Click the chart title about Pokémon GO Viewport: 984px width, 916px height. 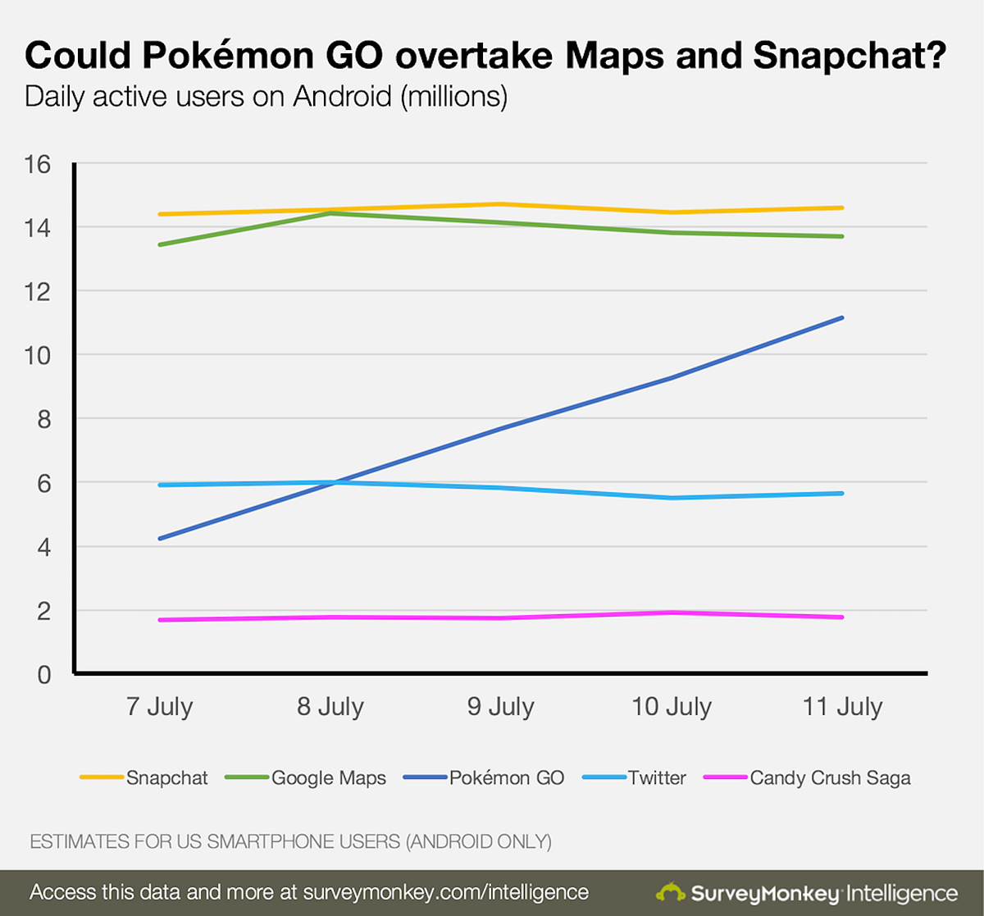coord(485,56)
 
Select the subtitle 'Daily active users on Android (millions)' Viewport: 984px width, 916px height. coord(266,97)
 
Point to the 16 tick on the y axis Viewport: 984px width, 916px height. coord(38,164)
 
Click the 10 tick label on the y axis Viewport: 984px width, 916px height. coord(38,355)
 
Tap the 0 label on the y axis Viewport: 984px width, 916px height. coord(44,675)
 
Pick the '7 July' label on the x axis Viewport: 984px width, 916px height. coord(159,707)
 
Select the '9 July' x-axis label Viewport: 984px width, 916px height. coord(500,707)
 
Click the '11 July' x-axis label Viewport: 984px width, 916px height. coord(842,707)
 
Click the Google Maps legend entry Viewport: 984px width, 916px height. coord(328,778)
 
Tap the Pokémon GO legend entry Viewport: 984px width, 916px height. coord(506,778)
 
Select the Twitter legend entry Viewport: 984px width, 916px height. coord(656,778)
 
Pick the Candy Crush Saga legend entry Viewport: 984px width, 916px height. coord(830,778)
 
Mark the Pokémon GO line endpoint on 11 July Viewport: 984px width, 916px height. coord(842,317)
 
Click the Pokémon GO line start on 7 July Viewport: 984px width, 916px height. coord(160,539)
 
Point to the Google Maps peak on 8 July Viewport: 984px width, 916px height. coord(330,213)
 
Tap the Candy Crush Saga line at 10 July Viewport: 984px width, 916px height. coord(672,613)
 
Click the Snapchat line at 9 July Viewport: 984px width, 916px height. coord(500,204)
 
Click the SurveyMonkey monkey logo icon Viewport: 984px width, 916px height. coord(670,893)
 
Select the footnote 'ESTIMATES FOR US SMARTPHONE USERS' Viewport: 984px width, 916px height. coord(290,842)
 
